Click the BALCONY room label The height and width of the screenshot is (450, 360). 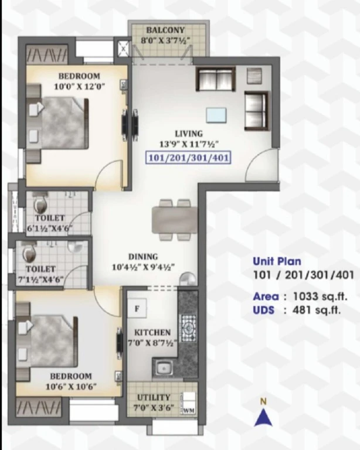click(165, 30)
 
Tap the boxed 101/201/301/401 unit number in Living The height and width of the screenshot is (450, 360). click(189, 158)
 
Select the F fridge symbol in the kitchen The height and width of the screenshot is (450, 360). click(137, 309)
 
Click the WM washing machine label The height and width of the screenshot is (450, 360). click(189, 410)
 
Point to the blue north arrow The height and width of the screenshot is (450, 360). click(263, 418)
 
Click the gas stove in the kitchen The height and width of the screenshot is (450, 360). click(188, 328)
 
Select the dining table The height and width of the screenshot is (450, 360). click(175, 220)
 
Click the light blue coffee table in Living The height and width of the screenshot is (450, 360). click(216, 115)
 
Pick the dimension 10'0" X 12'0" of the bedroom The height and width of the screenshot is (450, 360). click(79, 86)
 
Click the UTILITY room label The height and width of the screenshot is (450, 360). click(154, 397)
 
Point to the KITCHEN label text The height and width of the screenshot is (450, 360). click(152, 332)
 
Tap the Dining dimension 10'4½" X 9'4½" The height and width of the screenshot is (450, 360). click(143, 267)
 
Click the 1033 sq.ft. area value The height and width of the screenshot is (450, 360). click(320, 296)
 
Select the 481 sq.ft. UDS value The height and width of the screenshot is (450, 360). click(317, 310)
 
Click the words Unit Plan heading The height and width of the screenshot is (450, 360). click(277, 261)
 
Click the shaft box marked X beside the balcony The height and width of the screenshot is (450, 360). click(123, 49)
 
